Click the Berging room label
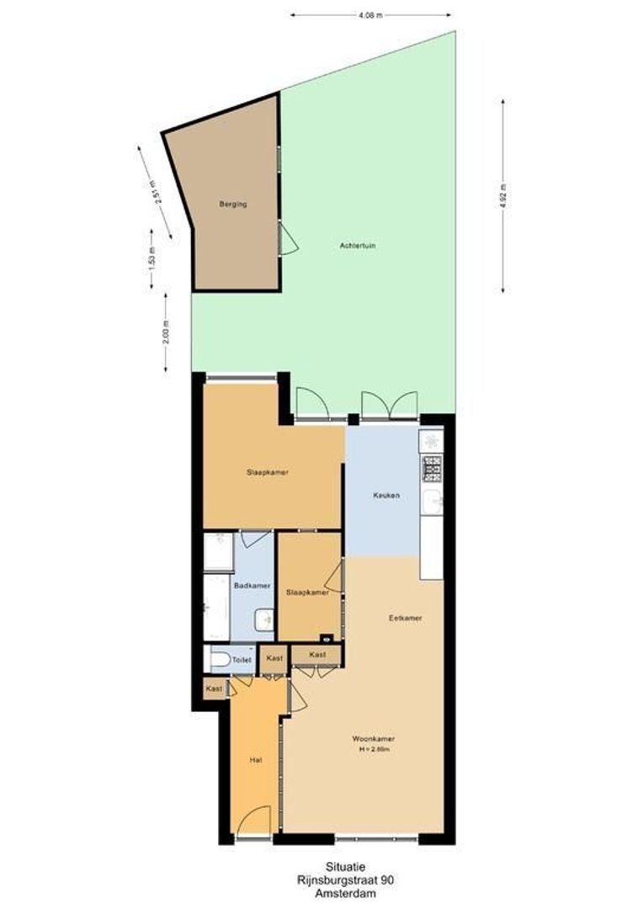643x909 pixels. click(x=233, y=204)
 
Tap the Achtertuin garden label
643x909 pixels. click(x=357, y=246)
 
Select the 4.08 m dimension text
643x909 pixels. click(x=370, y=15)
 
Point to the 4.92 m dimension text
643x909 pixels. click(x=502, y=195)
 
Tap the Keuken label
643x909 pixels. click(x=387, y=495)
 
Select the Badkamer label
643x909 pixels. click(x=251, y=586)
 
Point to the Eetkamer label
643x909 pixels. click(x=405, y=618)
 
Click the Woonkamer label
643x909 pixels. click(x=374, y=739)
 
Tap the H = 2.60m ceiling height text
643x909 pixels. click(x=374, y=750)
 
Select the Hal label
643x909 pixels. click(x=255, y=759)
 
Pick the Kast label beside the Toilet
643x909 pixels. click(x=274, y=658)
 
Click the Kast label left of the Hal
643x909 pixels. click(x=215, y=688)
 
